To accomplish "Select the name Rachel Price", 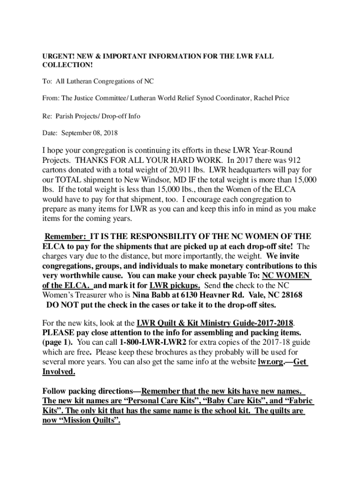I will (x=272, y=98).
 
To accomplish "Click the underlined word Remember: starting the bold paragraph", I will (x=65, y=237).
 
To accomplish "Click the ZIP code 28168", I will (x=290, y=296).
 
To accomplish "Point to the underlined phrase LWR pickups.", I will (x=175, y=286).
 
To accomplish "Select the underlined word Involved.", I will (x=58, y=372).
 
